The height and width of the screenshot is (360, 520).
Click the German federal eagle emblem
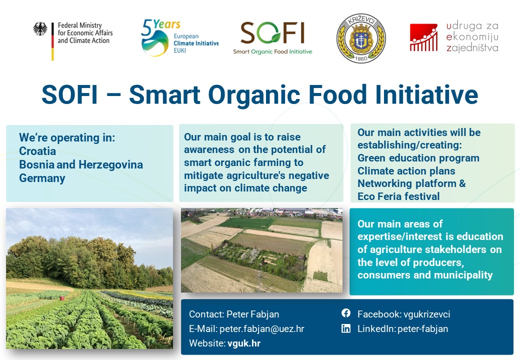(40, 29)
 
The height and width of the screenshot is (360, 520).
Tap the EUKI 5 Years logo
(179, 37)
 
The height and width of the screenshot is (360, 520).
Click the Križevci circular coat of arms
(361, 38)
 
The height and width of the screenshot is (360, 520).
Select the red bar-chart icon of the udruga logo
(423, 37)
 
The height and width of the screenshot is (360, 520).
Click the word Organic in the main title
(254, 95)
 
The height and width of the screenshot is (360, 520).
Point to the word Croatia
(37, 151)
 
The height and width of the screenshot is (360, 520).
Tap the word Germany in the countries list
(42, 178)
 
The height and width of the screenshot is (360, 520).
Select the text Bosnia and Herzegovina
(81, 165)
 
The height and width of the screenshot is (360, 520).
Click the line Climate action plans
(406, 170)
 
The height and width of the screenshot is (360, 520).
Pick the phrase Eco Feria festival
(398, 196)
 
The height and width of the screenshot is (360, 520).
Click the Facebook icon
(346, 313)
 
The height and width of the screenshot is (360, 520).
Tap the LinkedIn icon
(346, 328)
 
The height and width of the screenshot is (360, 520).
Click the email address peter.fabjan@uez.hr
(261, 328)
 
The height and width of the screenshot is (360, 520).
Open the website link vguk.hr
(244, 343)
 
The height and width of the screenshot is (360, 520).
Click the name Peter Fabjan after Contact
(252, 314)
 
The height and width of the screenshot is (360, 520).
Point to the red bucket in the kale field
(61, 298)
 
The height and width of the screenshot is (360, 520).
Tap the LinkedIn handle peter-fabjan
(422, 328)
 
